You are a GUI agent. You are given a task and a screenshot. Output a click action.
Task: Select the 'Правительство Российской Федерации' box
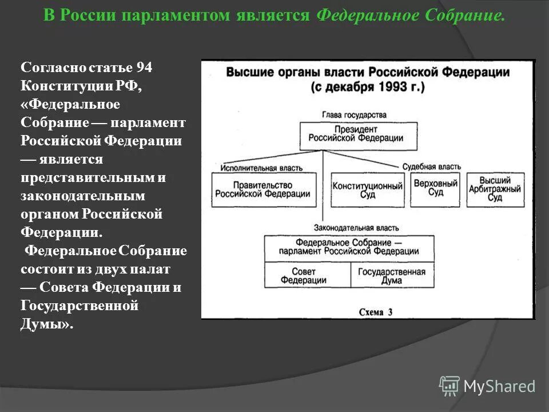pos(263,189)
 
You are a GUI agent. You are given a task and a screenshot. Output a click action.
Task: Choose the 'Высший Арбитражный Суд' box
pos(495,189)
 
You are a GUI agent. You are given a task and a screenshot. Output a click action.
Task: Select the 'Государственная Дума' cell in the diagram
pos(392,276)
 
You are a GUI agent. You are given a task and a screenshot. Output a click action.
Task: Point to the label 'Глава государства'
pos(353,115)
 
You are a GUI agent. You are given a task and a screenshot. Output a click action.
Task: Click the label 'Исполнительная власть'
pos(260,168)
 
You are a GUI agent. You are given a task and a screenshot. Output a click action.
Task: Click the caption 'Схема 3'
pos(376,312)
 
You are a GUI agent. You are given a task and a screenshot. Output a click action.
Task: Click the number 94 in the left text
pos(144,68)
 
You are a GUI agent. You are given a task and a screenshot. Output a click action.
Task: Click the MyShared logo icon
pos(449,386)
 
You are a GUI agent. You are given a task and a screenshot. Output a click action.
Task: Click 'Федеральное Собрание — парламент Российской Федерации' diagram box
pos(349,248)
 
